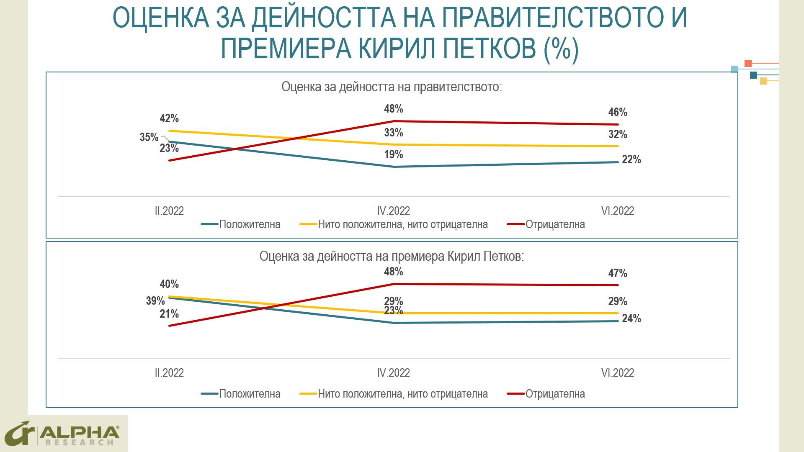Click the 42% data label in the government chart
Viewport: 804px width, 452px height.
pos(169,118)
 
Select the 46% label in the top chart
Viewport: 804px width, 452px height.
pos(618,112)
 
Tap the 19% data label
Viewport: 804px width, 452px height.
pos(394,154)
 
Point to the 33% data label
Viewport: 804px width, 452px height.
pos(394,133)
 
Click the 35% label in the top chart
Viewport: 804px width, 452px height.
pos(149,137)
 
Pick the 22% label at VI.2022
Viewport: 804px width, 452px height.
pos(631,159)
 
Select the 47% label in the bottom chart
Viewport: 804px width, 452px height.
pos(618,273)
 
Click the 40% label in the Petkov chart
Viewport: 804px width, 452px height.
pos(169,284)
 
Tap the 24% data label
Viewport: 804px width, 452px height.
pos(631,318)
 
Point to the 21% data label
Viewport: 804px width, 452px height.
pos(169,314)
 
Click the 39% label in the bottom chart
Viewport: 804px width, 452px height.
pos(155,300)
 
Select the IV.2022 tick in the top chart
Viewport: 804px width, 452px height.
pos(394,211)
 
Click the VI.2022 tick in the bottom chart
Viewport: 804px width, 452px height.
pos(618,372)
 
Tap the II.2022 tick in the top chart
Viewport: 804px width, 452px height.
pos(169,211)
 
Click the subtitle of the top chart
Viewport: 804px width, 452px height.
pos(392,87)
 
